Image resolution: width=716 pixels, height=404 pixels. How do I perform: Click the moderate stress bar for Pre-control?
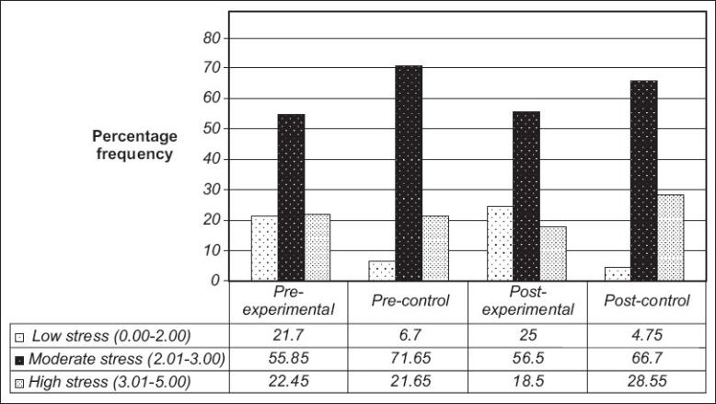coord(409,173)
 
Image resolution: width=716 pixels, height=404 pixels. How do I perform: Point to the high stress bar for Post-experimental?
coord(553,253)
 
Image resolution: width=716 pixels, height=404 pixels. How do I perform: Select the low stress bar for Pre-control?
coord(382,271)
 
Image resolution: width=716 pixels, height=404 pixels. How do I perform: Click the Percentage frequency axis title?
coord(133,145)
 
